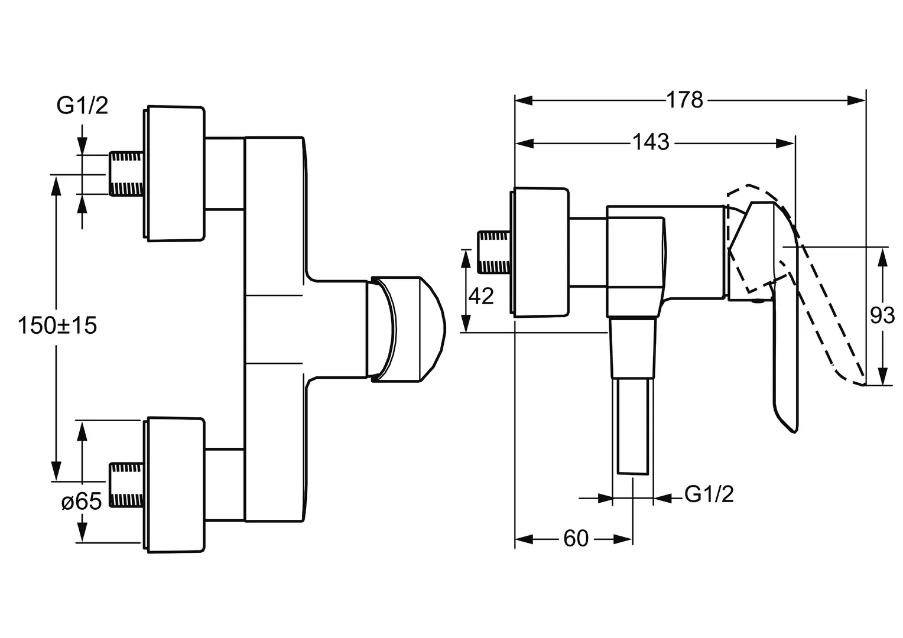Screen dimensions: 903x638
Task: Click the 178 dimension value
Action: coord(684,100)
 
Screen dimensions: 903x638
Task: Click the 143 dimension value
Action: coord(651,142)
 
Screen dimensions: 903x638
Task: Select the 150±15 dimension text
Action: coord(57,325)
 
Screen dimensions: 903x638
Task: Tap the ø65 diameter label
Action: coord(82,502)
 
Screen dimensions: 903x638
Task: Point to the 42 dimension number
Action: coord(481,296)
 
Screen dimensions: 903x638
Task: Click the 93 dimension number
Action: coord(882,315)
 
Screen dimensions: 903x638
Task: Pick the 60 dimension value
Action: coord(576,538)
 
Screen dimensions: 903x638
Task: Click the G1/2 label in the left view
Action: coord(82,106)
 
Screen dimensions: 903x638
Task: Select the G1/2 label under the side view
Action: coord(709,494)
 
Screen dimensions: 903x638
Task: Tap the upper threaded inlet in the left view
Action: coord(126,174)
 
